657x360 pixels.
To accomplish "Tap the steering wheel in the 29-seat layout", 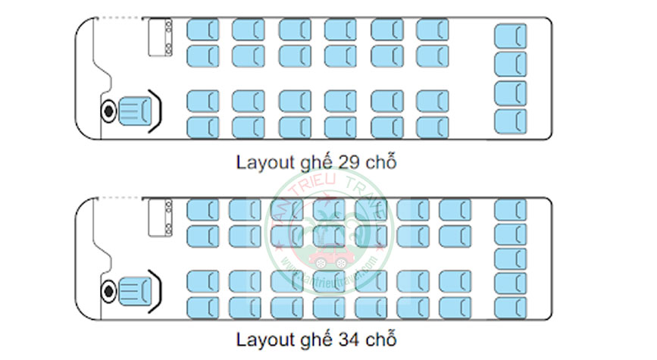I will tap(108, 111).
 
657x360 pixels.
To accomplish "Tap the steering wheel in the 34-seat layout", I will tap(108, 290).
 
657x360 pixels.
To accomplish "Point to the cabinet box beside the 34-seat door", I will tap(161, 218).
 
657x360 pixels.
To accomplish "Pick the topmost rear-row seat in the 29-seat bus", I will tap(510, 36).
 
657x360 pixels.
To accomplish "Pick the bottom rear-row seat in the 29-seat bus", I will tap(510, 121).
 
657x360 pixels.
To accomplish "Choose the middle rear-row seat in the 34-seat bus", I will tap(510, 259).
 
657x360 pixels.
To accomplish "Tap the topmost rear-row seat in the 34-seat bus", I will tap(510, 210).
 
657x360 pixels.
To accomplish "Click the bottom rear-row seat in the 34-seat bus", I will tap(510, 308).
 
